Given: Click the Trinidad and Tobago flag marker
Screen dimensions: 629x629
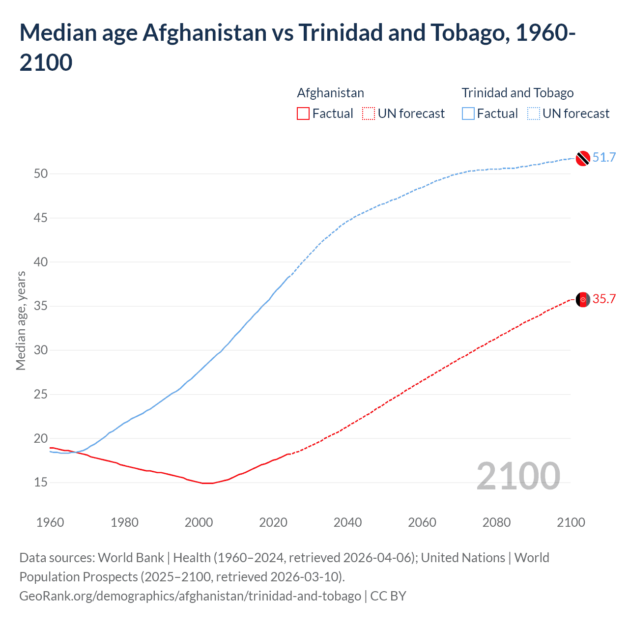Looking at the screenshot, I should [x=582, y=158].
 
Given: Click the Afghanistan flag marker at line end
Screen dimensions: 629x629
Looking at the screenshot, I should [x=582, y=299].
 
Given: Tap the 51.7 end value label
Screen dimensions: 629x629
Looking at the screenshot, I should [x=604, y=157].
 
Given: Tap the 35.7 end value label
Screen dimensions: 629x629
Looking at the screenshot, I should [x=604, y=299].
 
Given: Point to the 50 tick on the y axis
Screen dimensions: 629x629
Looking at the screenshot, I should [x=41, y=173].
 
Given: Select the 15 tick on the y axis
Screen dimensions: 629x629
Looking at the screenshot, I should [x=41, y=483].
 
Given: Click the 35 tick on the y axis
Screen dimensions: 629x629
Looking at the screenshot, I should [x=41, y=306].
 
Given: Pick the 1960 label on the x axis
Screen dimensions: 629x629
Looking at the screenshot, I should [x=50, y=522].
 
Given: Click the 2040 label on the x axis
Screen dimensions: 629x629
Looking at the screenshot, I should [x=347, y=522].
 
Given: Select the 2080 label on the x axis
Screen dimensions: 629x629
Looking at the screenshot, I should [x=496, y=522].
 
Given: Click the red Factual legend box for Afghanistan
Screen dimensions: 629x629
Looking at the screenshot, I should [x=303, y=114].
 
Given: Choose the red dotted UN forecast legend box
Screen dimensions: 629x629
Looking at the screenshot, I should [x=369, y=114].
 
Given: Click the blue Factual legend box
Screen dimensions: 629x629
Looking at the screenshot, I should [x=468, y=114].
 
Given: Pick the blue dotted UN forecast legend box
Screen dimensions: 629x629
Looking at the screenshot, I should [x=533, y=114].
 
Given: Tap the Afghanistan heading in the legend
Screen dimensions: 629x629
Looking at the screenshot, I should [x=330, y=93].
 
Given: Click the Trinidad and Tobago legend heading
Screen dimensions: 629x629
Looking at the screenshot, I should [x=517, y=93].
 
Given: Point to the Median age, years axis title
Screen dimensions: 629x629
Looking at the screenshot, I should [x=21, y=320].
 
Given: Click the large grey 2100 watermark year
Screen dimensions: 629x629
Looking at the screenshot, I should [x=518, y=476].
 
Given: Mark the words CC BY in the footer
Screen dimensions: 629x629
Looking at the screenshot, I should [x=388, y=596].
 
